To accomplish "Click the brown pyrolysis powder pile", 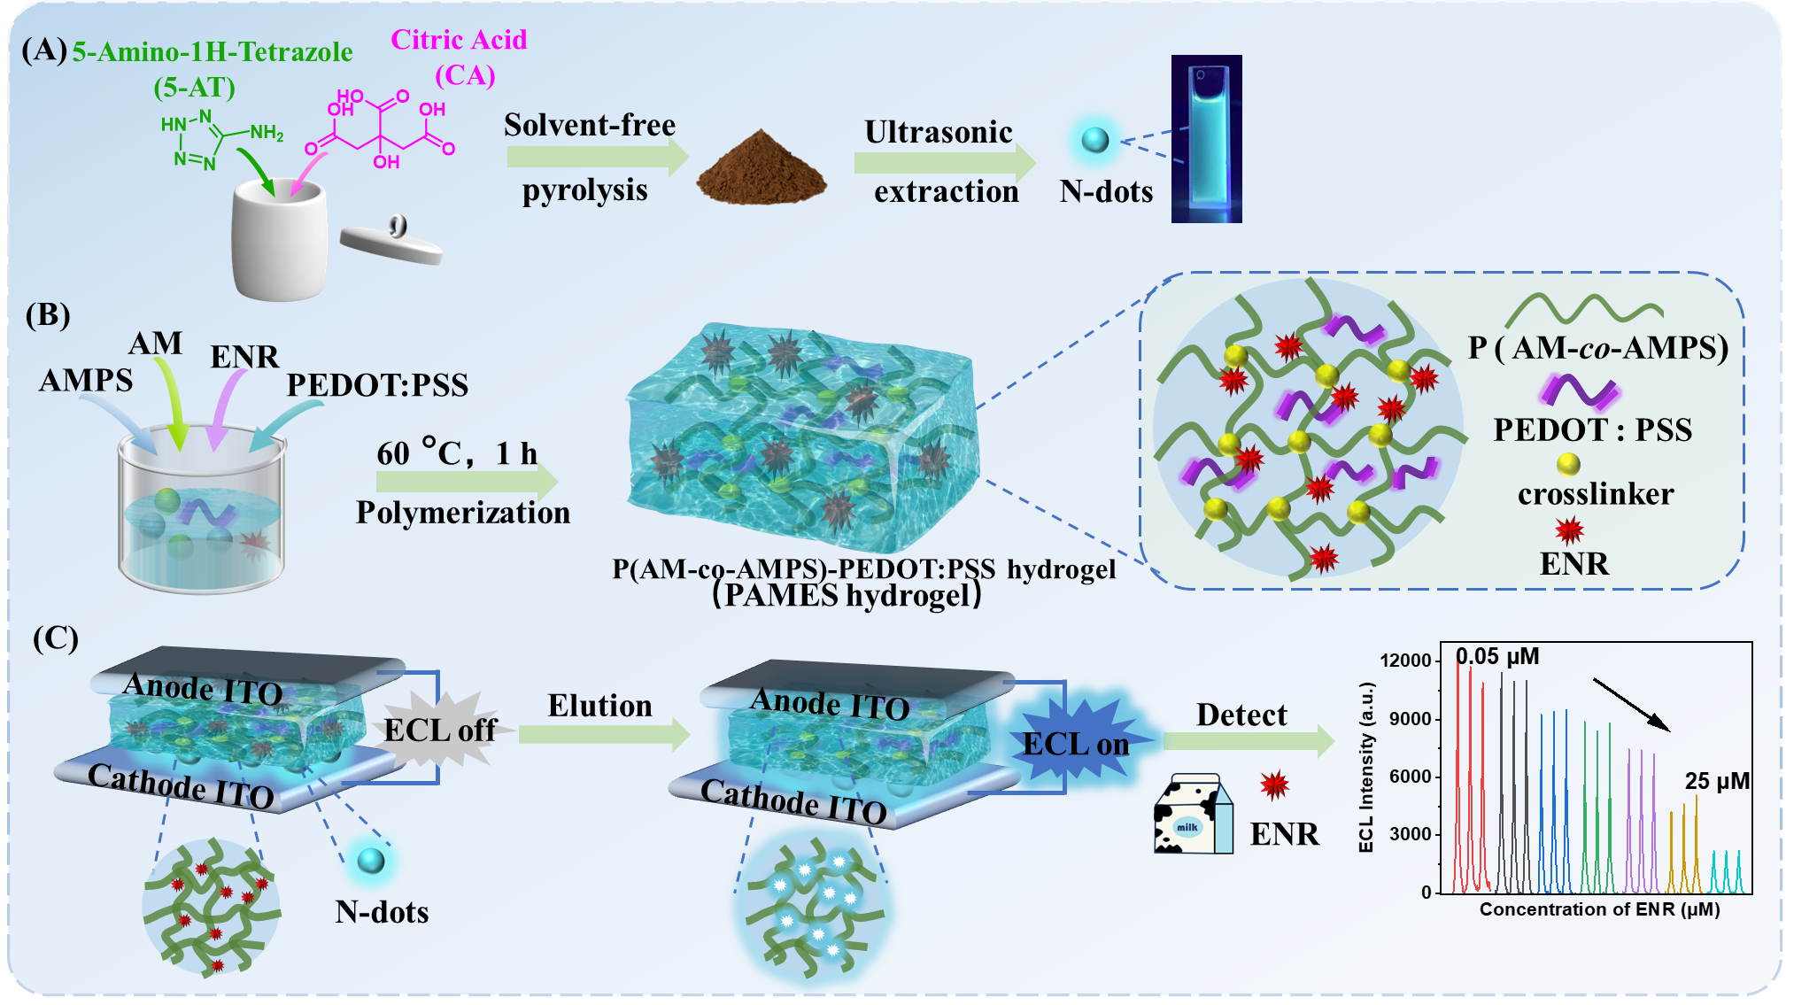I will (761, 168).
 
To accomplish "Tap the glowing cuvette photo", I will (1206, 139).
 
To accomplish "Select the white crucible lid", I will (391, 244).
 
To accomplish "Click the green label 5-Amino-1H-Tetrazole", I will (213, 52).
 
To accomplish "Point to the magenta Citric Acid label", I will (459, 40).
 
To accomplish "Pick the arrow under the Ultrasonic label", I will (944, 162).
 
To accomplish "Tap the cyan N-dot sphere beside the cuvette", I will (1095, 140).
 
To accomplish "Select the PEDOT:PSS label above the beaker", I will (377, 385).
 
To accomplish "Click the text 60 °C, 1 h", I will (457, 453).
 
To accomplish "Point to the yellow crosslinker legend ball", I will (1568, 464).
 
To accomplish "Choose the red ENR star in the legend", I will (1569, 530).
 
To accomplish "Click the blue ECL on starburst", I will (1075, 742).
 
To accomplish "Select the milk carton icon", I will (1193, 816).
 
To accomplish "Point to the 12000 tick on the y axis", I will (1405, 661).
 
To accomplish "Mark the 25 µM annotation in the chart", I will (1717, 781).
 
